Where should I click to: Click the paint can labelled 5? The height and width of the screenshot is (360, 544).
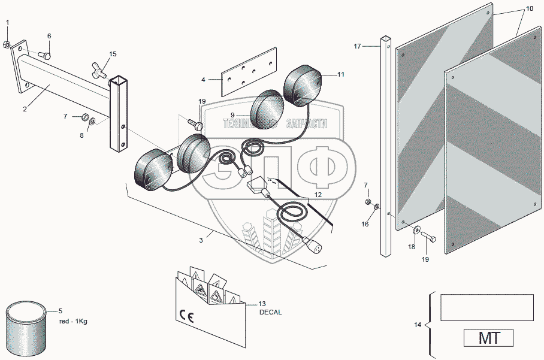[x=25, y=328]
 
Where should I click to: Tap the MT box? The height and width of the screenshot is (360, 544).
[x=488, y=338]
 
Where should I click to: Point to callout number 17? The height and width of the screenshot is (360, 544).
[x=357, y=46]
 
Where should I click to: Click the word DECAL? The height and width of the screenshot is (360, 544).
[x=270, y=312]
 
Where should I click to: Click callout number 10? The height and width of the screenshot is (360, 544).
[x=529, y=10]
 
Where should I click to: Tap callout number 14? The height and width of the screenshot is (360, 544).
[x=417, y=325]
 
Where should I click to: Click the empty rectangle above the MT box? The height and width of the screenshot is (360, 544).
[x=486, y=307]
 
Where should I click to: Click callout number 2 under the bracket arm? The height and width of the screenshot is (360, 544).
[x=25, y=108]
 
